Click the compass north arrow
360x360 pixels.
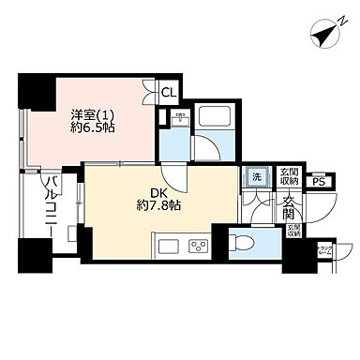point(325,37)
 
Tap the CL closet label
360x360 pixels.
point(168,92)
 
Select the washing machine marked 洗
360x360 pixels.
point(255,177)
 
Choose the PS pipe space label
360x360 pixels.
point(319,182)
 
